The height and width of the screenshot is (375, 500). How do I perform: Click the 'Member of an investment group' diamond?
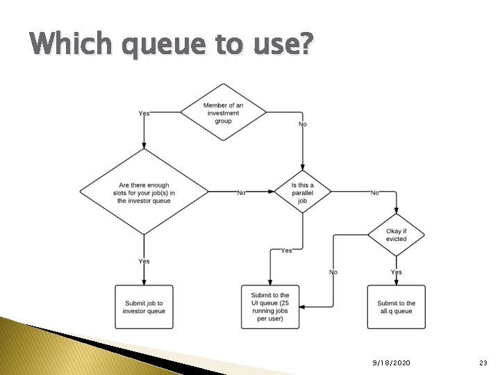(x=222, y=112)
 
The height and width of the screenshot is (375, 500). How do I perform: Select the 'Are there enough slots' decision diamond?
(x=144, y=192)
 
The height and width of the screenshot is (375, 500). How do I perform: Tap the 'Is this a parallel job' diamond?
(x=302, y=192)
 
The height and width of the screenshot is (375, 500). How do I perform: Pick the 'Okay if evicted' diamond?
(x=396, y=235)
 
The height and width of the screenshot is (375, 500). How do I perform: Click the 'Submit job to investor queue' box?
(x=144, y=307)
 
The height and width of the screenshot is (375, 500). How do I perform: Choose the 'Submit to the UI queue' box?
(x=270, y=307)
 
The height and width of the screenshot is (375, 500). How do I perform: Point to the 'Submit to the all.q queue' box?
(x=396, y=307)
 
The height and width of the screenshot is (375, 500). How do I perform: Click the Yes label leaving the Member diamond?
(x=144, y=113)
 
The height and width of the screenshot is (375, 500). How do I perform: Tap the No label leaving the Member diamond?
(x=302, y=124)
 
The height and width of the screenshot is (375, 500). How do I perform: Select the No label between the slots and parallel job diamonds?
(x=242, y=192)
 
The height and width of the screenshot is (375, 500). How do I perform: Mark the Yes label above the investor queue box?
(x=144, y=261)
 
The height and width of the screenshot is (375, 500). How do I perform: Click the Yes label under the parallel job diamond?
(x=286, y=251)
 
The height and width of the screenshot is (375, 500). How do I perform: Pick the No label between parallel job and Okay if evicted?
(x=375, y=192)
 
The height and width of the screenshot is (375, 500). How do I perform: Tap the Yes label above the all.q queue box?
(x=396, y=272)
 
